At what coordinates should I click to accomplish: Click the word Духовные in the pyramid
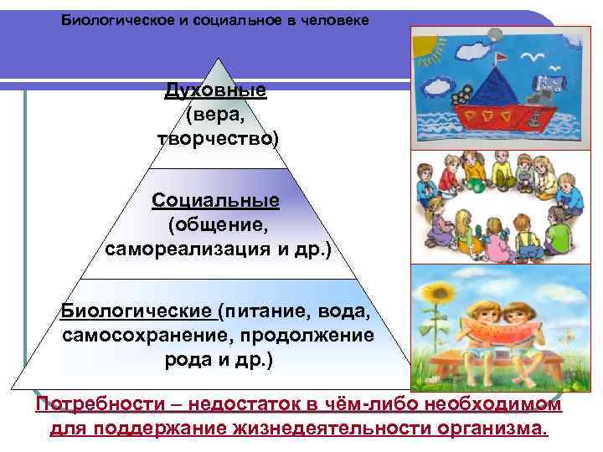coord(215,90)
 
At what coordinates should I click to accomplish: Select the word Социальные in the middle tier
coord(216,202)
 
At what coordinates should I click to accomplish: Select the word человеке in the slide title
coord(332,18)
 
